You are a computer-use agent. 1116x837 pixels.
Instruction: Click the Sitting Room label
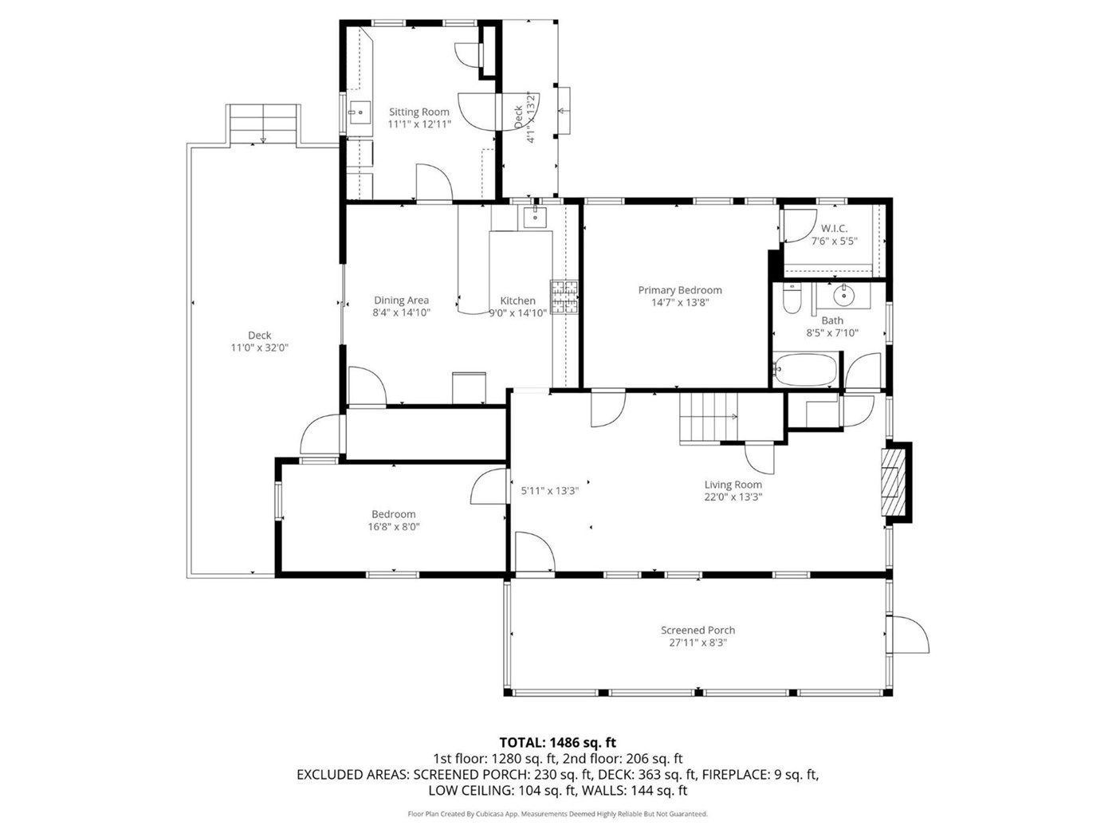click(419, 112)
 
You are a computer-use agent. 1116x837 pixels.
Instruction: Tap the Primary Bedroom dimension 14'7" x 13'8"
click(680, 302)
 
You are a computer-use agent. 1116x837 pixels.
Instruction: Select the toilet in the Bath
click(792, 298)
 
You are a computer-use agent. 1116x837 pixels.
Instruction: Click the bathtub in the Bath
click(804, 369)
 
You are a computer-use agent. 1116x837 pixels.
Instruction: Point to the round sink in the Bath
click(843, 295)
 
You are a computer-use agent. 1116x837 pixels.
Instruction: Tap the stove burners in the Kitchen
click(564, 297)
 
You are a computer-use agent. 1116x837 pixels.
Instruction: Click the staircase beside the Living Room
click(709, 418)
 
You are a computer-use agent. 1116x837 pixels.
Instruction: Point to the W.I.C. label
click(834, 229)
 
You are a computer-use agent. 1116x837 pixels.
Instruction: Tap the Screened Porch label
click(697, 631)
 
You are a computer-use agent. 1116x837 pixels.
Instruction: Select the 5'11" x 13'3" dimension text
click(549, 491)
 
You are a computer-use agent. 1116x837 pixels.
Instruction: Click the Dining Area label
click(401, 301)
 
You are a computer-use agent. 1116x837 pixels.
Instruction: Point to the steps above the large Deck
click(263, 124)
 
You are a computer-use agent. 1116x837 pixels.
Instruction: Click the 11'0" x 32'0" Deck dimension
click(259, 348)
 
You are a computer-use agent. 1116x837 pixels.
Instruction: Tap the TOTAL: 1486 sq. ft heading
click(557, 742)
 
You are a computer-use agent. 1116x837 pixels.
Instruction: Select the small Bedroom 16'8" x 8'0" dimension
click(394, 526)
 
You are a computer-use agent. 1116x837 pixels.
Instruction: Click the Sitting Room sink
click(360, 113)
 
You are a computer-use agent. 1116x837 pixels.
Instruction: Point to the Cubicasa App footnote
click(557, 814)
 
